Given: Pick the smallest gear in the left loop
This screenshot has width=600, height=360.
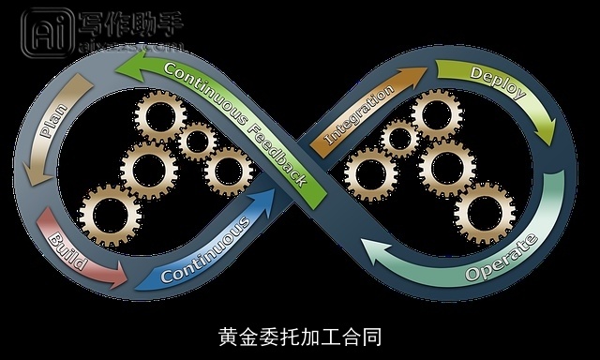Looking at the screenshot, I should [197, 142].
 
